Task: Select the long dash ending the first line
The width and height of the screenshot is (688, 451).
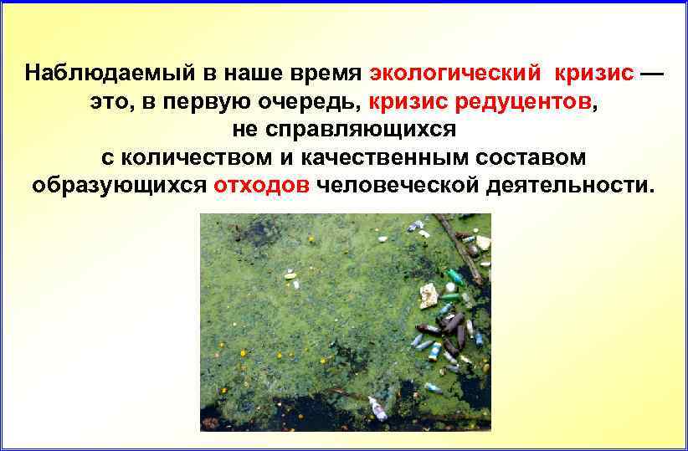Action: pos(652,73)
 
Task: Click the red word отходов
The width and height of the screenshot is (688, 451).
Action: pos(262,185)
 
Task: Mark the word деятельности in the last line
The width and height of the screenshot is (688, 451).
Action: pos(567,185)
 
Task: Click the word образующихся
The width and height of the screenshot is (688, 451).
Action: pos(119,185)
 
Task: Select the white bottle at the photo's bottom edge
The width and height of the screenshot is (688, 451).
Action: pos(378,410)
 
